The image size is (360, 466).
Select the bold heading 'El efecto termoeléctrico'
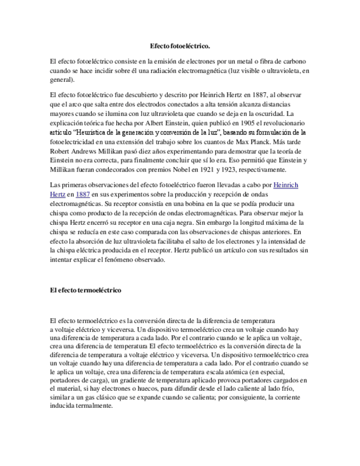point(85,290)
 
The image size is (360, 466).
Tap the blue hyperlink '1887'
point(84,194)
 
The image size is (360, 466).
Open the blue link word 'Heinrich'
point(286,185)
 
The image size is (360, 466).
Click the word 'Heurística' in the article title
point(95,132)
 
